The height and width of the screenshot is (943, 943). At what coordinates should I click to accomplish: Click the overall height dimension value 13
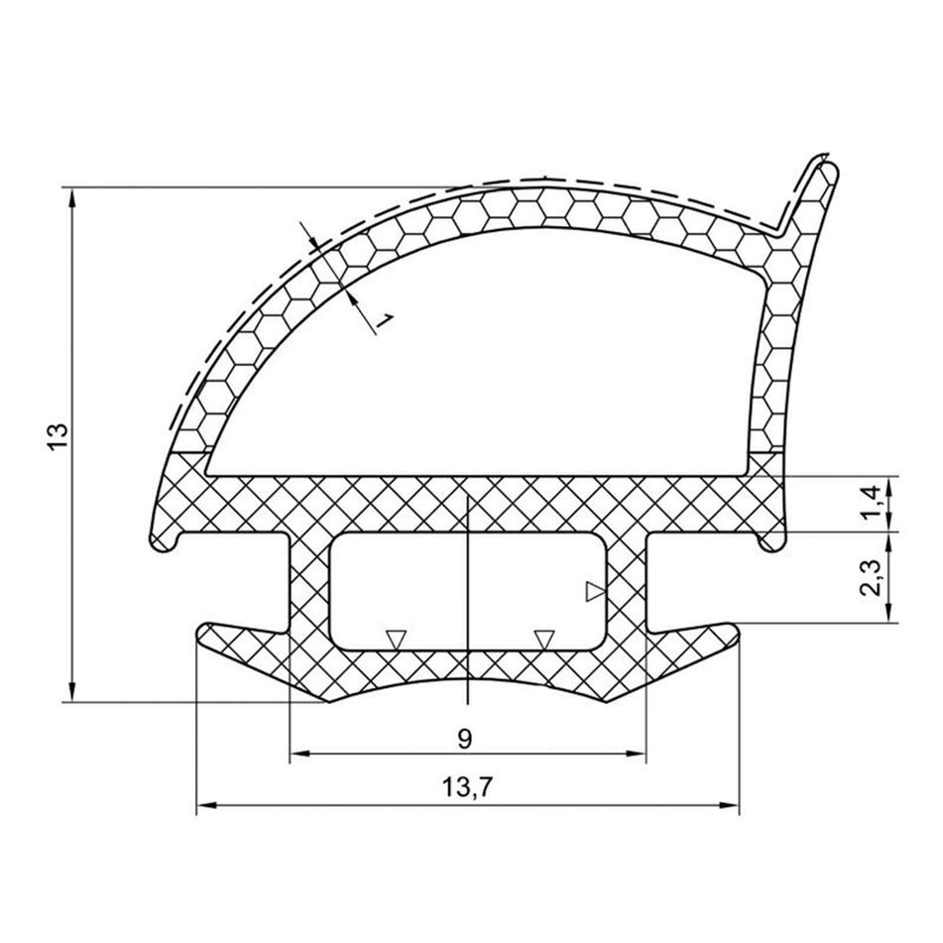(x=58, y=436)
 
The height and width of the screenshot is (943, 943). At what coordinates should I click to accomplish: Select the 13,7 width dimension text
(x=467, y=786)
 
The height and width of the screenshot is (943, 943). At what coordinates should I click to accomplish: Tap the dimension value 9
(x=464, y=739)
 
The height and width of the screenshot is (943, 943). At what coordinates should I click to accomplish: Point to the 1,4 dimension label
(x=874, y=503)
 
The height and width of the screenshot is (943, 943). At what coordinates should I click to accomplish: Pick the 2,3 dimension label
(x=872, y=577)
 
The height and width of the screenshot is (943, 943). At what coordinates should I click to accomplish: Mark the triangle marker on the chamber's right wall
(x=595, y=592)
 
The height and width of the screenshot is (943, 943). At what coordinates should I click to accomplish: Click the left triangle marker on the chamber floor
(x=396, y=640)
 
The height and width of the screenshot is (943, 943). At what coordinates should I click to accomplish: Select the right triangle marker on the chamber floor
(x=544, y=640)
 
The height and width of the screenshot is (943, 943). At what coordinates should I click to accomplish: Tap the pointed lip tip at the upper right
(x=829, y=165)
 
